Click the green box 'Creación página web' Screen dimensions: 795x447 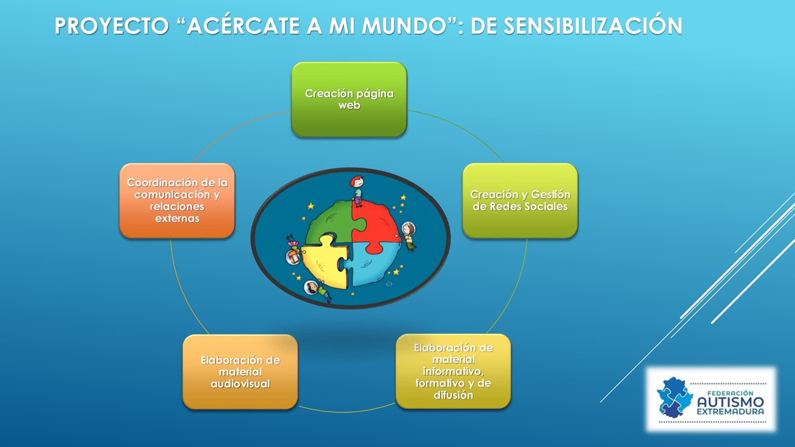(349, 100)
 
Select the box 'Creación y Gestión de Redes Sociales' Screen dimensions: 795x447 (520, 201)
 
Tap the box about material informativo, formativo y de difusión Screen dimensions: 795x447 (454, 371)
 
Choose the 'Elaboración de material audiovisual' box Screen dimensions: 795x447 (240, 372)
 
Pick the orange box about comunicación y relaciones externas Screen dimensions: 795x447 (177, 201)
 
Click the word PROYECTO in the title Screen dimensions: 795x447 (112, 26)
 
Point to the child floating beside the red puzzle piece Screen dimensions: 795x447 (409, 236)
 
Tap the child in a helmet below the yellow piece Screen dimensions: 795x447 (316, 290)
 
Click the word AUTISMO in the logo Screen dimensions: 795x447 (731, 402)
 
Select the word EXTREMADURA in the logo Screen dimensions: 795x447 (731, 412)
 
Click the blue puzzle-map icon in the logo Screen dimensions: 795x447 (675, 398)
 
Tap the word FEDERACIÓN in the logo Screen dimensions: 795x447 (731, 393)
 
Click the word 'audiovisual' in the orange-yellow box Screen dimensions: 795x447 (240, 384)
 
